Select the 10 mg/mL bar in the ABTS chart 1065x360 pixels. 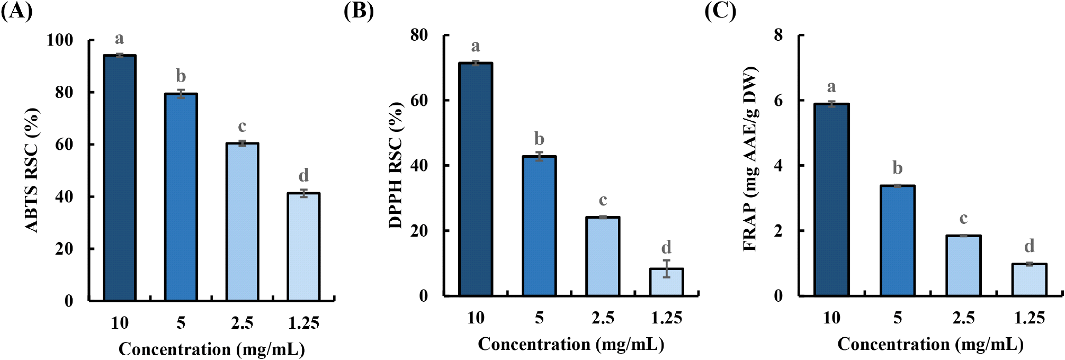pyautogui.click(x=120, y=177)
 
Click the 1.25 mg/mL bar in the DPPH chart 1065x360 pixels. pyautogui.click(x=666, y=282)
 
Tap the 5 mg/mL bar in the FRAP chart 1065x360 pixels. pyautogui.click(x=897, y=240)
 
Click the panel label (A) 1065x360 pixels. pyautogui.click(x=16, y=11)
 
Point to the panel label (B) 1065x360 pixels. pyautogui.click(x=359, y=11)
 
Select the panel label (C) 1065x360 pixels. pyautogui.click(x=720, y=11)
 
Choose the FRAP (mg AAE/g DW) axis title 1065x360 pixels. pyautogui.click(x=750, y=159)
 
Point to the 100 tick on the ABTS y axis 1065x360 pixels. pyautogui.click(x=59, y=40)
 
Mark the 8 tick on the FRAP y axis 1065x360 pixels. pyautogui.click(x=778, y=35)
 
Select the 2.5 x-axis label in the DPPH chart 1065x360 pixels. pyautogui.click(x=603, y=318)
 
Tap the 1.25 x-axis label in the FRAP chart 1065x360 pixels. pyautogui.click(x=1029, y=318)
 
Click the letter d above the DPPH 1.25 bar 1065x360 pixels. pyautogui.click(x=666, y=247)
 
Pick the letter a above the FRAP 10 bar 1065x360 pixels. pyautogui.click(x=831, y=87)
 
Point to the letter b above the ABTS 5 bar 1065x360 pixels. pyautogui.click(x=181, y=76)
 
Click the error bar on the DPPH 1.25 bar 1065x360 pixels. pyautogui.click(x=666, y=268)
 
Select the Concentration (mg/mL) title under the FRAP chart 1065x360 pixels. pyautogui.click(x=930, y=345)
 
